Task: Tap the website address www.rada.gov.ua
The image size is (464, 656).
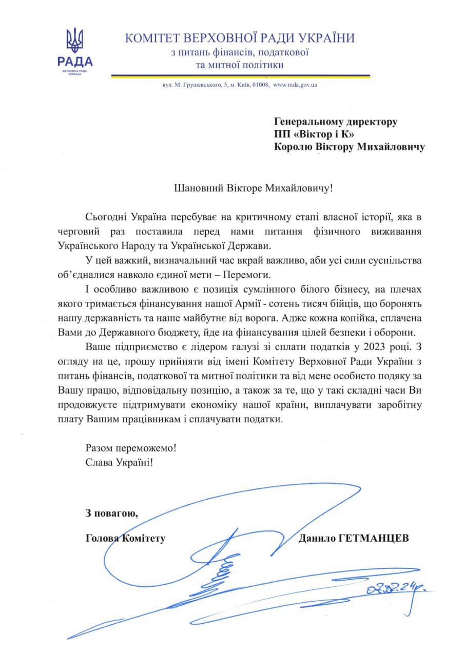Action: pos(295,85)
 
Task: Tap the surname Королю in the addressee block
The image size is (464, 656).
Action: pos(293,148)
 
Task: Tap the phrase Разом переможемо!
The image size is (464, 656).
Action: pos(131,447)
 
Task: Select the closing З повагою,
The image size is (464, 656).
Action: pos(112,513)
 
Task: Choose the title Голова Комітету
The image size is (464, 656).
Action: pos(126,538)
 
